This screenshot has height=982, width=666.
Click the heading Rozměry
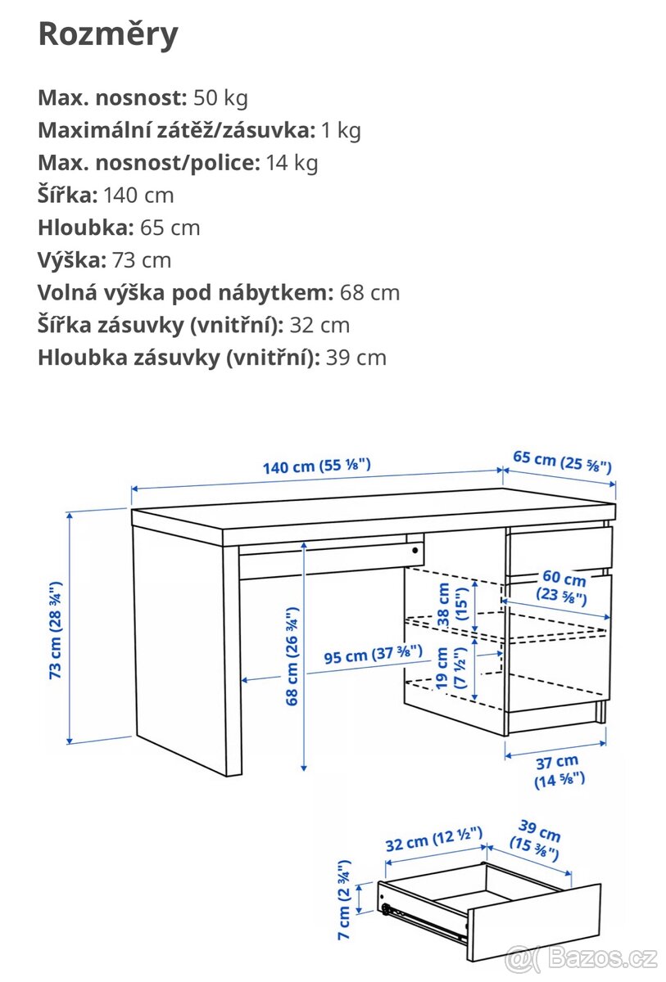(x=108, y=34)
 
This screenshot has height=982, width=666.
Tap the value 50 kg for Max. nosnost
(x=220, y=98)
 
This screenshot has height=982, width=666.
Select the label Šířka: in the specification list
(x=68, y=195)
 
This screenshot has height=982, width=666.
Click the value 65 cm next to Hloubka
(x=170, y=227)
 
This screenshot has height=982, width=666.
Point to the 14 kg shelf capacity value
(x=292, y=163)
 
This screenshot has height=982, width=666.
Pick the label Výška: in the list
(x=72, y=260)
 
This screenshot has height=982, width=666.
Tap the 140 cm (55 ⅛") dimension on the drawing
(x=316, y=466)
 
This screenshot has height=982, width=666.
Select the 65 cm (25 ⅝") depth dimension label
(x=562, y=462)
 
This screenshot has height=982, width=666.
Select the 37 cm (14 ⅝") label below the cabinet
(x=560, y=772)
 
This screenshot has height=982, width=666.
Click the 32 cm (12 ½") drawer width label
(x=433, y=840)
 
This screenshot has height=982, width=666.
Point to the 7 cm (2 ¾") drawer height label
(x=345, y=899)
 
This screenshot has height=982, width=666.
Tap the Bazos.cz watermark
(x=582, y=957)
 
